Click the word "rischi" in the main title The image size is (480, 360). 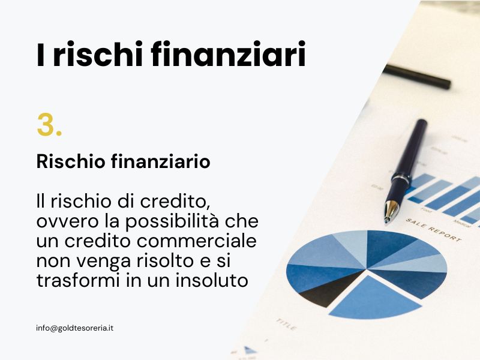(98, 54)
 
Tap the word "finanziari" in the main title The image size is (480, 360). (229, 54)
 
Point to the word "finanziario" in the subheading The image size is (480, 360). (160, 161)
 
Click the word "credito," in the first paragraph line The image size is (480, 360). (175, 202)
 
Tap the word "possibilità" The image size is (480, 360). (172, 222)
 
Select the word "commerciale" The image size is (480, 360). (197, 241)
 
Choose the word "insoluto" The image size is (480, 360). (212, 280)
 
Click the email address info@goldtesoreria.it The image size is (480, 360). (74, 328)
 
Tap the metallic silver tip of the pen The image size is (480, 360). (391, 211)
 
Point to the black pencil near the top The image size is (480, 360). (417, 77)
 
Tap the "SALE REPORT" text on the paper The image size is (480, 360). (433, 230)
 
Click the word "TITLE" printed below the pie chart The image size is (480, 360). (286, 325)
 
